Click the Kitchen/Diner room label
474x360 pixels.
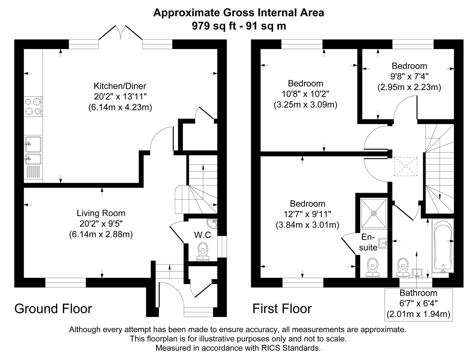point(120,86)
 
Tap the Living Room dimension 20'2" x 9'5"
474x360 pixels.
point(101,224)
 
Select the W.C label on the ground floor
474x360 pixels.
point(203,235)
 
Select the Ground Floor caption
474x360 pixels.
point(53,309)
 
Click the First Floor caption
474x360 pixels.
point(282,309)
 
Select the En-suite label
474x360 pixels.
point(368,242)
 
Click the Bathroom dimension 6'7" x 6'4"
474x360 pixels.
point(418,303)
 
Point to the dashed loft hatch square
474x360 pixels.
point(406,166)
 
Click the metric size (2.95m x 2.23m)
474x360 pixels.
point(409,87)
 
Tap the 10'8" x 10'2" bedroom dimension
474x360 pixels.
point(305,94)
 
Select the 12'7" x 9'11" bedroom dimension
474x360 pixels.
point(307,214)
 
